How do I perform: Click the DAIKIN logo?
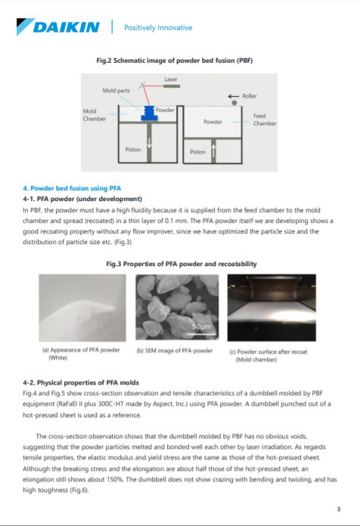[x=57, y=27]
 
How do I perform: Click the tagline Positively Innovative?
[x=157, y=28]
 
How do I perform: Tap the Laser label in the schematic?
[x=171, y=79]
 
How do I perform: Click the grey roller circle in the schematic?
[x=234, y=103]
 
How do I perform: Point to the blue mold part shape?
[x=148, y=113]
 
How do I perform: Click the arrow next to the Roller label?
[x=234, y=96]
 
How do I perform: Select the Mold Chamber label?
[x=95, y=115]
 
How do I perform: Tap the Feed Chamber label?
[x=264, y=120]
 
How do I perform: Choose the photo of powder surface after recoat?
[x=274, y=308]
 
